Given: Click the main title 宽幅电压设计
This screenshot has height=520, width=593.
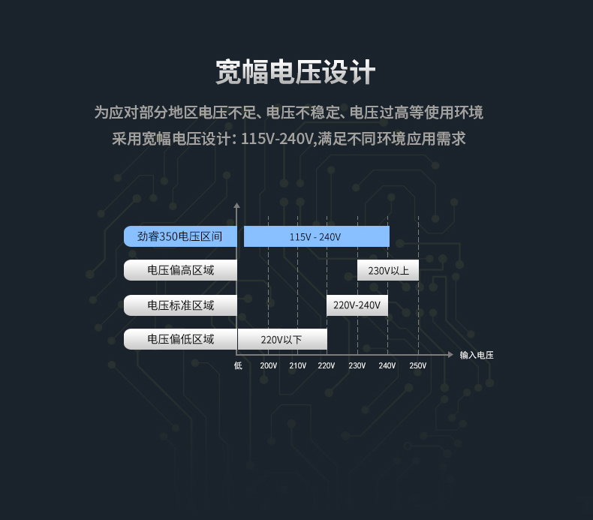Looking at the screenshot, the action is pyautogui.click(x=296, y=72).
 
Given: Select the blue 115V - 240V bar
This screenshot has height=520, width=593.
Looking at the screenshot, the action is pyautogui.click(x=317, y=236).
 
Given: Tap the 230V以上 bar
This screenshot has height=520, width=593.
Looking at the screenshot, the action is pyautogui.click(x=388, y=270).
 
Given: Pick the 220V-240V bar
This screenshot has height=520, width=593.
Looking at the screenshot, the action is pyautogui.click(x=357, y=305).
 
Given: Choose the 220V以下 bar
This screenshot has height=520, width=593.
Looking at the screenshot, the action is pyautogui.click(x=282, y=339).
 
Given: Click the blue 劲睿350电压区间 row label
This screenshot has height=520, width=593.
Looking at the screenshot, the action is pyautogui.click(x=180, y=236).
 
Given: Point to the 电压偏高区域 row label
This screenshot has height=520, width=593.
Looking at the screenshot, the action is pyautogui.click(x=180, y=270).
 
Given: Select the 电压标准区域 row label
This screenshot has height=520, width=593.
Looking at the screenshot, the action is pyautogui.click(x=180, y=305).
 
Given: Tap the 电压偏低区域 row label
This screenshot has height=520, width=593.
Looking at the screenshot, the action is pyautogui.click(x=180, y=339).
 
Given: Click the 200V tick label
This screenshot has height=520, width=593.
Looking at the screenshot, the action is pyautogui.click(x=269, y=365).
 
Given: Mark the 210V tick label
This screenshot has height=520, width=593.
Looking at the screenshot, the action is pyautogui.click(x=298, y=365).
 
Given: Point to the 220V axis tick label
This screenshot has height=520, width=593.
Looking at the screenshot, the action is pyautogui.click(x=327, y=365).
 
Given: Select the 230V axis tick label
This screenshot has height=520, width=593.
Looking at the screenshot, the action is pyautogui.click(x=357, y=365).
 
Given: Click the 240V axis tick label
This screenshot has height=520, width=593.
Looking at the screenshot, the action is pyautogui.click(x=387, y=365).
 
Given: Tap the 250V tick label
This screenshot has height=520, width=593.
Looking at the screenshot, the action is pyautogui.click(x=418, y=365).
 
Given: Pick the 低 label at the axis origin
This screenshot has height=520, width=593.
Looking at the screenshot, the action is pyautogui.click(x=238, y=365).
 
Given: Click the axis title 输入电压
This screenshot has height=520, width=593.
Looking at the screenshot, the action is pyautogui.click(x=477, y=355).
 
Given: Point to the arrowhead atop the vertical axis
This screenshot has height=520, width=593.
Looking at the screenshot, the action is pyautogui.click(x=236, y=206).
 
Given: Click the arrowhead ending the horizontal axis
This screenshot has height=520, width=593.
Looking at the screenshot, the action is pyautogui.click(x=450, y=355).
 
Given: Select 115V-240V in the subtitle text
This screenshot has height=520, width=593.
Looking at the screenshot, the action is pyautogui.click(x=277, y=139).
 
